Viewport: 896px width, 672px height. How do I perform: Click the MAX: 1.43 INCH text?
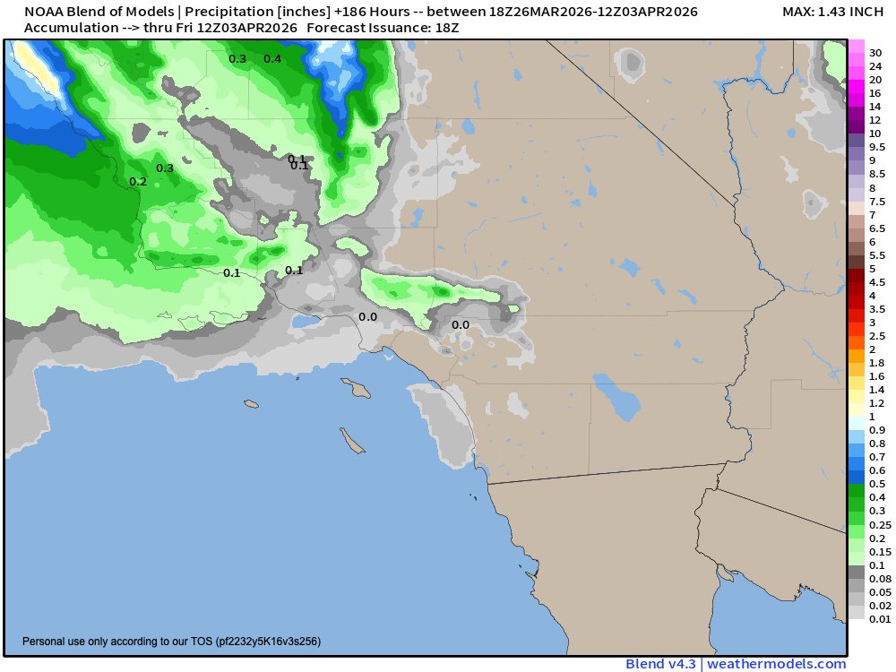[x=832, y=13]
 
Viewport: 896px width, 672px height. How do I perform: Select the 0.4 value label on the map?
[x=272, y=59]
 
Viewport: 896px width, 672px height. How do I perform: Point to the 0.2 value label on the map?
[x=138, y=182]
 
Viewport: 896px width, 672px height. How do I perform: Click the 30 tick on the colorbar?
[x=874, y=53]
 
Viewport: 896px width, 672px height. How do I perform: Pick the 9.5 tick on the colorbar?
[x=877, y=147]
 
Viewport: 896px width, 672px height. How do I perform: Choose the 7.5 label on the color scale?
[x=877, y=202]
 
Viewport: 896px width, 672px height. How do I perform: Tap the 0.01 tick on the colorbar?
[x=879, y=619]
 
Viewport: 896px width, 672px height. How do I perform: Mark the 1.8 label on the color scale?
[x=877, y=363]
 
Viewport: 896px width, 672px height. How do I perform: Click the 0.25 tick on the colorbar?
[x=879, y=524]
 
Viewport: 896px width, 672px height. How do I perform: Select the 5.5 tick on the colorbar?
[x=877, y=255]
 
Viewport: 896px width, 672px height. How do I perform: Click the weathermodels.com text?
[x=779, y=664]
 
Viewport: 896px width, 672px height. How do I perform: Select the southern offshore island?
[x=351, y=440]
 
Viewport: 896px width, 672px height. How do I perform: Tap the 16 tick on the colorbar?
[x=874, y=93]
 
